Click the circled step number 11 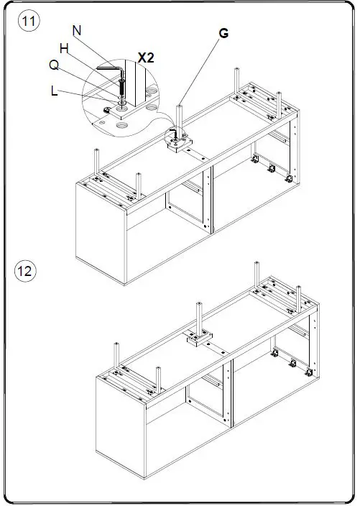pos(29,21)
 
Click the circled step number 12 pos(25,270)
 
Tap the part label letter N pos(77,31)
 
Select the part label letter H pos(64,49)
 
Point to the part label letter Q pos(54,65)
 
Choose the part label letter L pos(54,91)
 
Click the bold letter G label pos(223,33)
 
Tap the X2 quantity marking pos(146,57)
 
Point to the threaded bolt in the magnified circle pos(122,86)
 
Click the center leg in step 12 pos(199,319)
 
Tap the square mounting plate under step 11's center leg pos(180,144)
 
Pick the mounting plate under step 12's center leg pos(200,339)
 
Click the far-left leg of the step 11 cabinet pos(96,162)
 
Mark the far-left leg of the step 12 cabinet pos(116,356)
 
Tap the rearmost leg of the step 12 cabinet pos(257,277)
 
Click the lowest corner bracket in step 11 pos(289,178)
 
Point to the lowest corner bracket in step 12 pos(309,372)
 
